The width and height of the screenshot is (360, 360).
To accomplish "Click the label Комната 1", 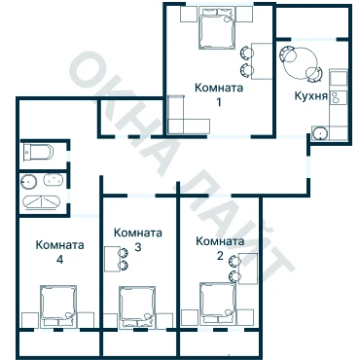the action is tap(219, 94).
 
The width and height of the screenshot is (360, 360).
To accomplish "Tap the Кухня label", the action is tap(311, 96).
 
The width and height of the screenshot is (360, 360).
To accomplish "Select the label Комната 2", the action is tap(220, 248).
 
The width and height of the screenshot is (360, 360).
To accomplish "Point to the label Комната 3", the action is tap(138, 240).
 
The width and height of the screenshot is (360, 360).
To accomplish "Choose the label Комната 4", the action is tap(59, 252).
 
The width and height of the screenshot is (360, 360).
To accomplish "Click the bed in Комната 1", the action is tap(217, 28).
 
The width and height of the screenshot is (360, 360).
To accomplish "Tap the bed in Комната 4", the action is tap(58, 306).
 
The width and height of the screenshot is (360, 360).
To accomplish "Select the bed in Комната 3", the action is tap(137, 307).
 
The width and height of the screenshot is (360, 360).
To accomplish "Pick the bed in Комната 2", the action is tap(218, 304).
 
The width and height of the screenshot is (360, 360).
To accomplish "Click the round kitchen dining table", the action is tap(301, 63).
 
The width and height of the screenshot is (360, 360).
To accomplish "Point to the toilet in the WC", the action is tap(38, 152).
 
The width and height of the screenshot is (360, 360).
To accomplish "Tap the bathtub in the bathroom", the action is tap(41, 202).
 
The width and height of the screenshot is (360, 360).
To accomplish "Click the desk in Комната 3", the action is tap(112, 259).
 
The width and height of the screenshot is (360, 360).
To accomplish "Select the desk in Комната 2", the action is tap(248, 269).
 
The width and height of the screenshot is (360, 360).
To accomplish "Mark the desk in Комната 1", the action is tap(262, 61).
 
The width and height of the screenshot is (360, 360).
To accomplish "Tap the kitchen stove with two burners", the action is tap(335, 97).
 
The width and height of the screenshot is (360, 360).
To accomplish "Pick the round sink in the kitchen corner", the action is tap(321, 133).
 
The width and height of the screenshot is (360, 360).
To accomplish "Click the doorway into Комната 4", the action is tap(85, 216).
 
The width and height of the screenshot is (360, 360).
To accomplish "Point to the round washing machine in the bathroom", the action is tap(29, 181).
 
